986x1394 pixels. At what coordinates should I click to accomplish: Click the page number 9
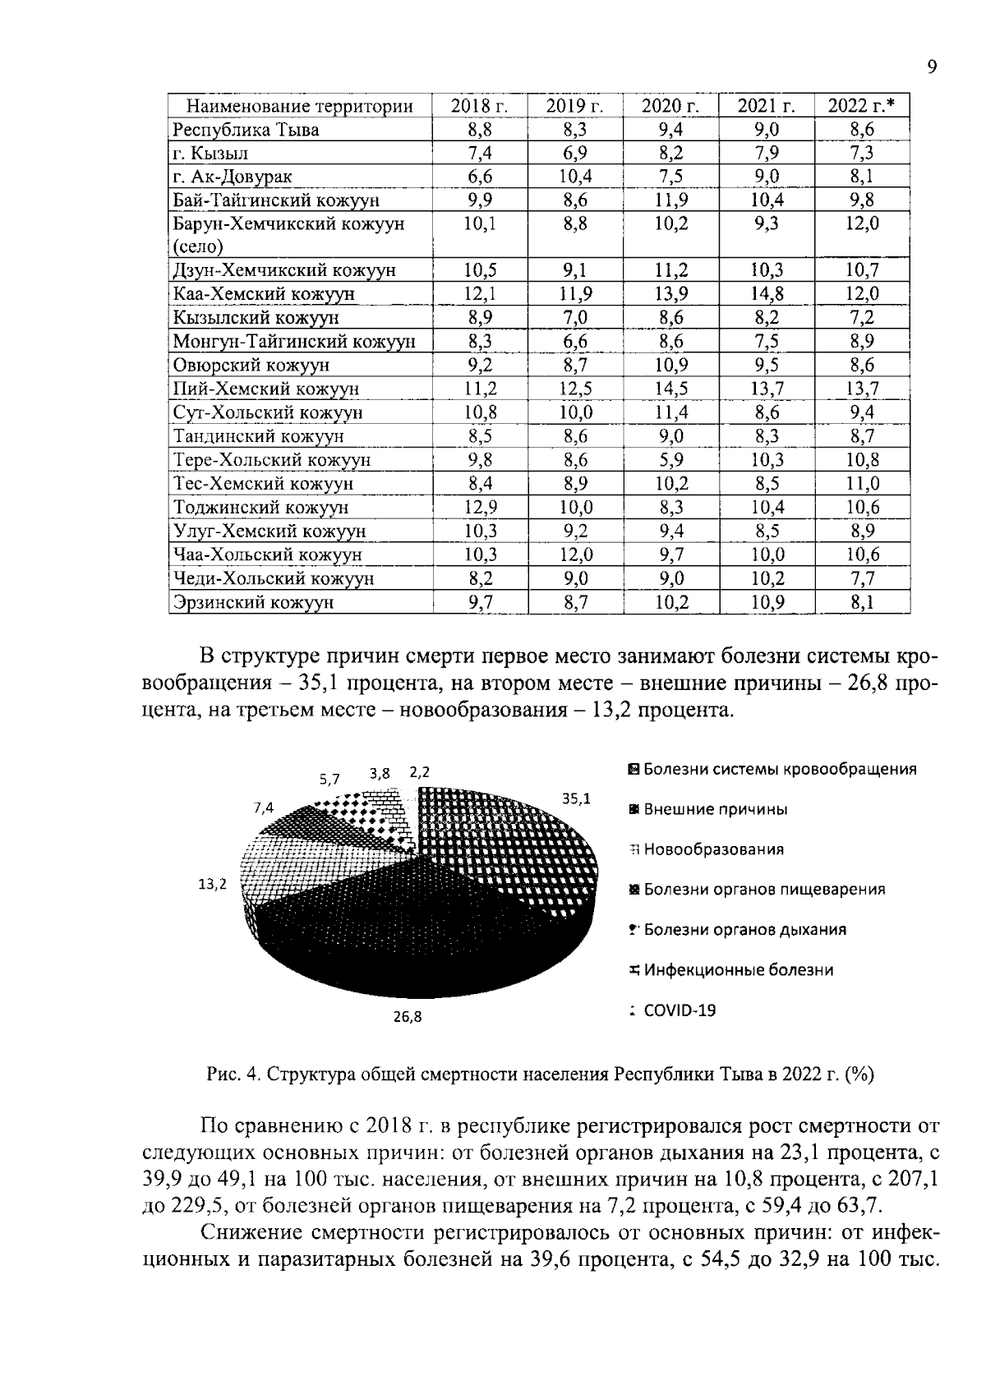[932, 67]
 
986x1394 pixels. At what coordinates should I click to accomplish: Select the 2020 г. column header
[670, 106]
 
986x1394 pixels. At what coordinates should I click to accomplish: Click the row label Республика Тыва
[246, 130]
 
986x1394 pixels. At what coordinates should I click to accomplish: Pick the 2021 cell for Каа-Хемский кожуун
[766, 294]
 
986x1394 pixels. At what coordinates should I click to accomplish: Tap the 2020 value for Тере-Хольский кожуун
[670, 460]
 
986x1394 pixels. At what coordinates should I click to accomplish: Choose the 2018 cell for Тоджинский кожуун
[481, 508]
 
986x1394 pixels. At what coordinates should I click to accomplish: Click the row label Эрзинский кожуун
[253, 602]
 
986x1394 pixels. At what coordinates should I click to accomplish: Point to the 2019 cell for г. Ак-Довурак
[575, 177]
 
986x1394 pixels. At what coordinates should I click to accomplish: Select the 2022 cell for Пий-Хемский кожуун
[862, 389]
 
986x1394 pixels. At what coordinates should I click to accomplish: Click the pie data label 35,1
[575, 797]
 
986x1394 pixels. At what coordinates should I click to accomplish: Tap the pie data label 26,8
[408, 1017]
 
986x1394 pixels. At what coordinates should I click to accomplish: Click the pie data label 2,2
[420, 772]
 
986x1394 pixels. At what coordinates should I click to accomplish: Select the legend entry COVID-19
[680, 1010]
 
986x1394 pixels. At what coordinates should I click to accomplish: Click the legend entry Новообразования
[712, 849]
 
